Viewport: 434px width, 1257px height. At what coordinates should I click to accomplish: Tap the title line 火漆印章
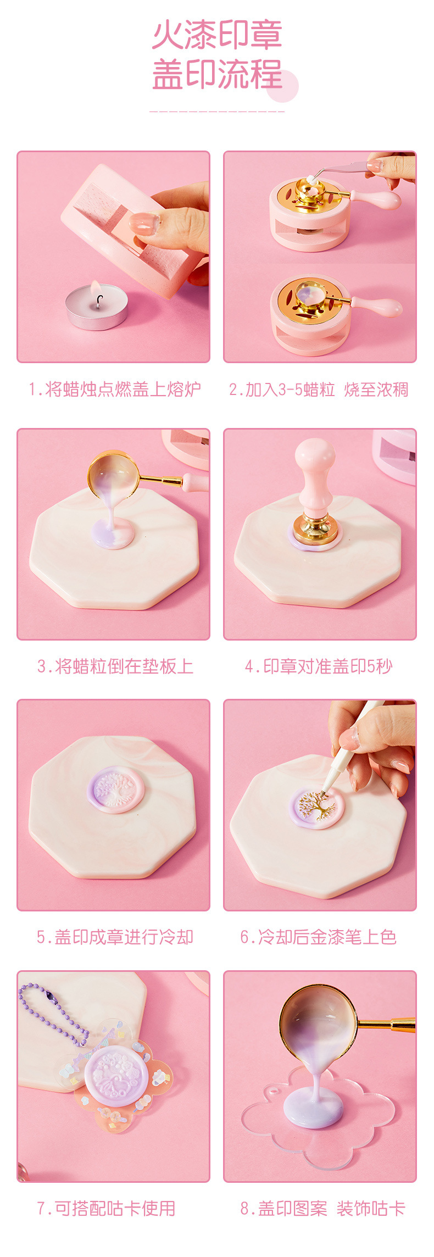click(217, 36)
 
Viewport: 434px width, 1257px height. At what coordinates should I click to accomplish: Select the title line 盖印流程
click(217, 75)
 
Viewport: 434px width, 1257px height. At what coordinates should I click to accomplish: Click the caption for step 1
click(114, 389)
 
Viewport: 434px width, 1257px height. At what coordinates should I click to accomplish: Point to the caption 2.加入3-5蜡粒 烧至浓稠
click(319, 389)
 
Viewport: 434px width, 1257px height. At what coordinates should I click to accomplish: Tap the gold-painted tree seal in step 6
click(317, 807)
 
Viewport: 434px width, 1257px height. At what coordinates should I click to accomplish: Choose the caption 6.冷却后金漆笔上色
click(319, 937)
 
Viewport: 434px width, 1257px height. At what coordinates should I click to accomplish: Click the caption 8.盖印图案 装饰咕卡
click(322, 1208)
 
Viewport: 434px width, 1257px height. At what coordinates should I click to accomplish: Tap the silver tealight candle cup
click(96, 313)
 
